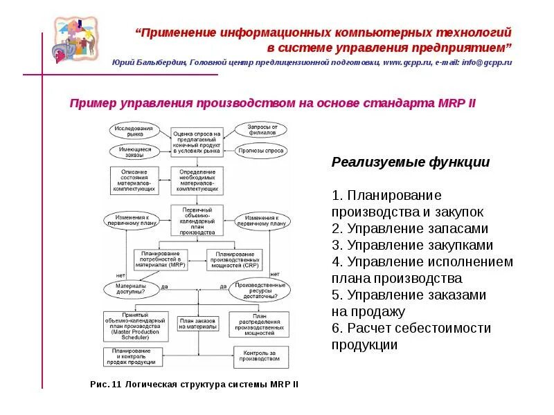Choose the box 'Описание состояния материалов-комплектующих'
[133, 180]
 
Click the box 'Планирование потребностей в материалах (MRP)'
[159, 259]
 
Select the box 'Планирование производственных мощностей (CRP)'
[233, 259]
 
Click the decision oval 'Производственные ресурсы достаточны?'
[261, 290]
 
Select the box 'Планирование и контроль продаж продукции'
[133, 357]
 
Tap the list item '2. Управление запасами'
[410, 228]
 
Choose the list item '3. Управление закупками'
[413, 245]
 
